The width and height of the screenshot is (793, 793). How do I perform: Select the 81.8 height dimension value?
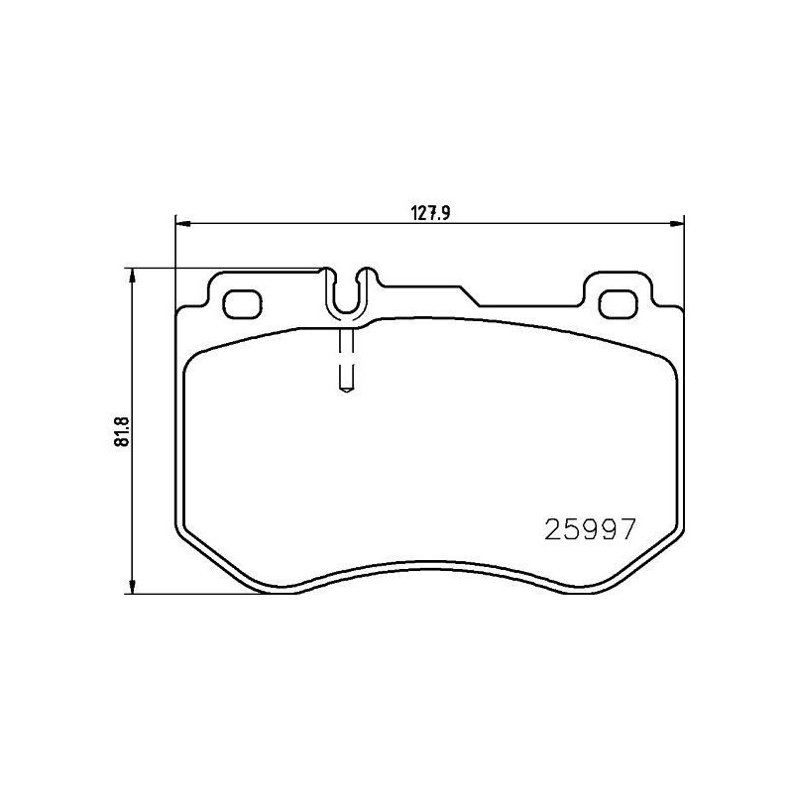(x=122, y=430)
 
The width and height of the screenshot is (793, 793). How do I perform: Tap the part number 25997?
(x=590, y=529)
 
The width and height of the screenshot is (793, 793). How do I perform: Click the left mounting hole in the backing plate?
(x=240, y=303)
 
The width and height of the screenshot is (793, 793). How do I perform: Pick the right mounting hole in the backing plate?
(x=619, y=303)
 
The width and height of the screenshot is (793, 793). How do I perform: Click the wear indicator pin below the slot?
(x=345, y=357)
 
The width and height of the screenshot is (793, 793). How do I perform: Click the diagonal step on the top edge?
(x=469, y=296)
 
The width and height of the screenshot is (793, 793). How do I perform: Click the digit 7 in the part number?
(x=625, y=529)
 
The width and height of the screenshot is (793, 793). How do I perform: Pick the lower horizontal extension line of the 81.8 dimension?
(x=198, y=595)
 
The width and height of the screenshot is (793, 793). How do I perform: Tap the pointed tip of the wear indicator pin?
(x=345, y=390)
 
